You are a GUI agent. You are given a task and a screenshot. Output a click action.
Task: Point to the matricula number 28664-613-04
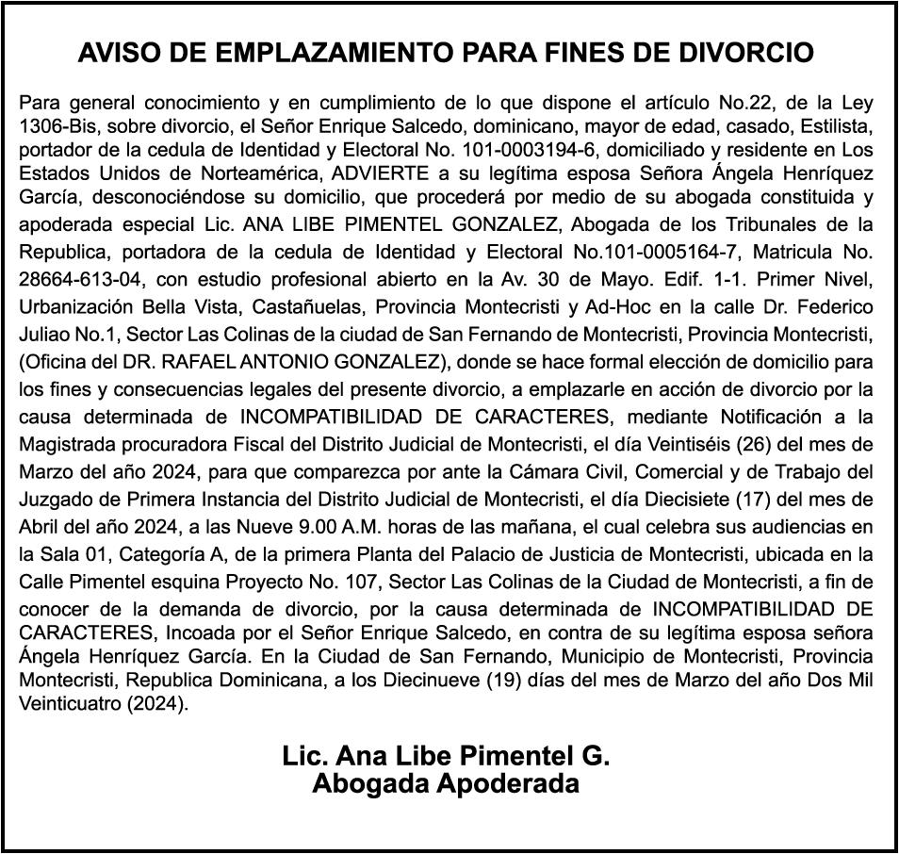[x=82, y=280]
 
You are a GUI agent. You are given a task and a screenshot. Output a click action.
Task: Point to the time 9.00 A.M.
[x=312, y=526]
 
